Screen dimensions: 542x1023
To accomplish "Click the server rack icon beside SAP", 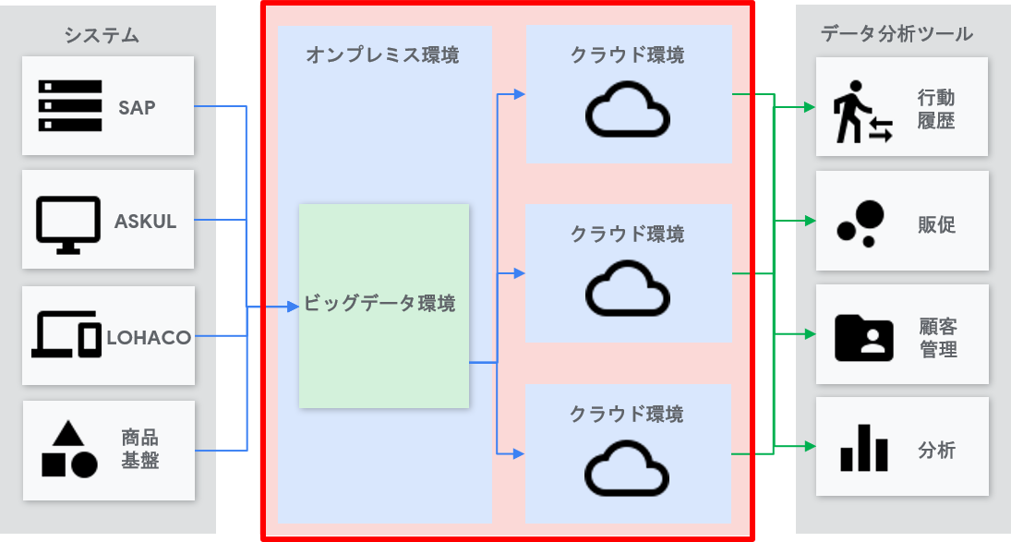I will point(70,106).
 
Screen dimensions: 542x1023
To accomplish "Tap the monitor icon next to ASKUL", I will point(68,222).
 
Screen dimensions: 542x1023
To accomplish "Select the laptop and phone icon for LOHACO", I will point(67,334).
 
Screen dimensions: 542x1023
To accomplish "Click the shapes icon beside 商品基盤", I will point(69,450).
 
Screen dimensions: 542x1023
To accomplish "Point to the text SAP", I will point(137,107).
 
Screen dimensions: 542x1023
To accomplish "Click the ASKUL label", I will point(145,222).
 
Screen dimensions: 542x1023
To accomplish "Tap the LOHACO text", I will point(149,338).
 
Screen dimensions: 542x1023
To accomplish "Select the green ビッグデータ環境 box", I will point(383,305).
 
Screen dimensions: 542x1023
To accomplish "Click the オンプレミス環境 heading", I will point(382,55).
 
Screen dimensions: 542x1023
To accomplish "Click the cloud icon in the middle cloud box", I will point(628,288).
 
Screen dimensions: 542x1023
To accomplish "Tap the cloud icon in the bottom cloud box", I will point(628,467).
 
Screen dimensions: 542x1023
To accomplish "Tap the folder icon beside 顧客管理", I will point(863,337).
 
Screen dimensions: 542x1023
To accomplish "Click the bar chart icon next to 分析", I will point(863,449).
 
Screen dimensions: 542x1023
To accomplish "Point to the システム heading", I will point(102,35).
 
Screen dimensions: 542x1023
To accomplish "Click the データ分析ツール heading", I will point(897,34).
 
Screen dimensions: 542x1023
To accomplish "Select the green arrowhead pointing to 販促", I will point(810,221).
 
